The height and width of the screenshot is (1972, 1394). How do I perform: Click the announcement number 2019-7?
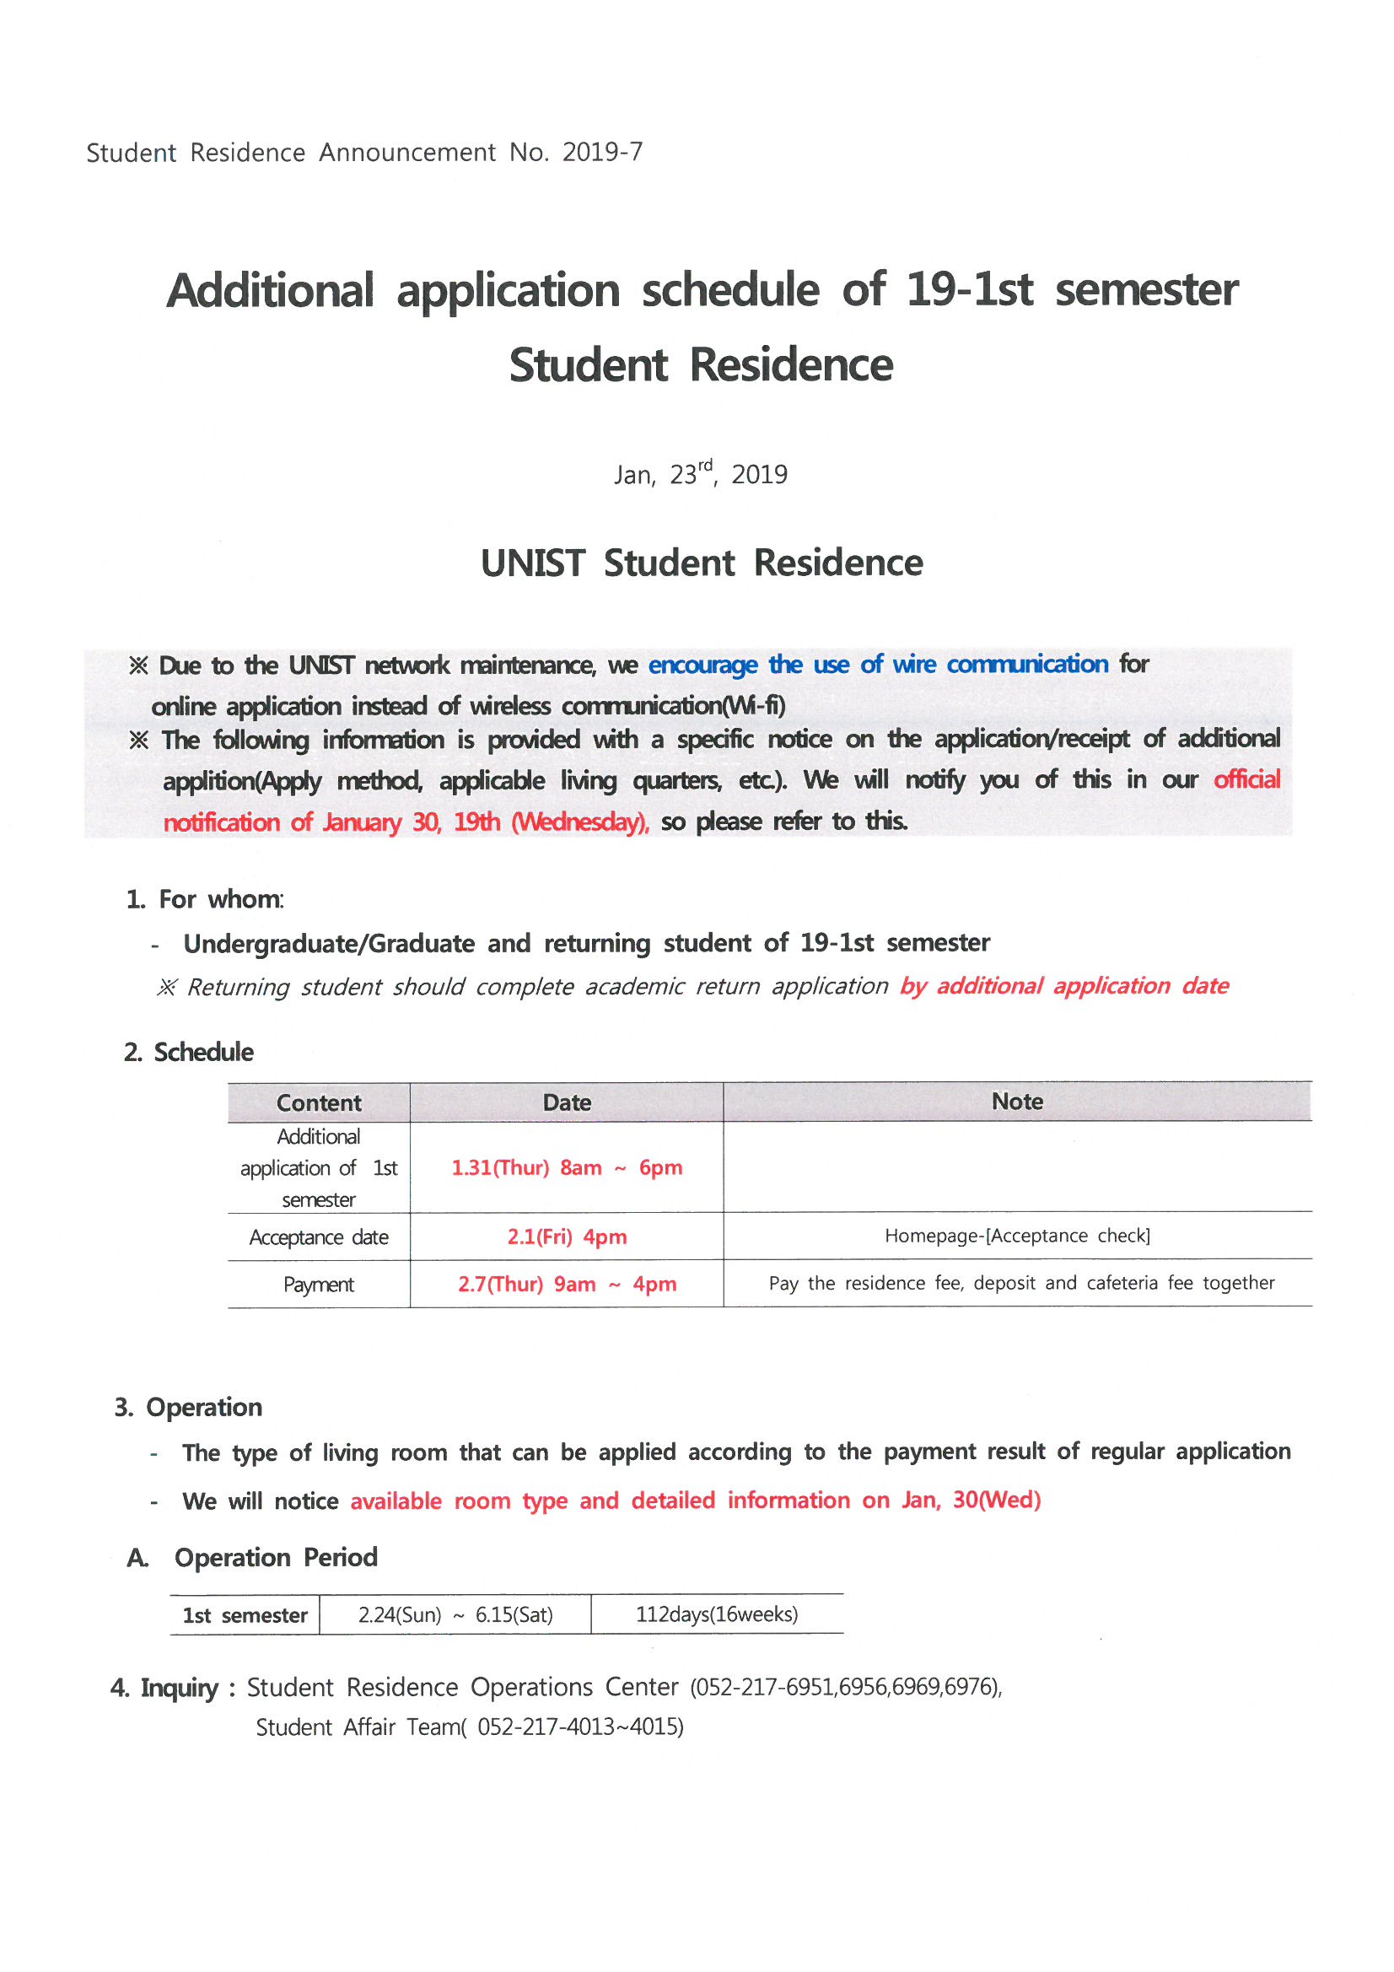pyautogui.click(x=602, y=152)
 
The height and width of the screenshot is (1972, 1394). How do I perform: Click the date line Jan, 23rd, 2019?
pyautogui.click(x=701, y=473)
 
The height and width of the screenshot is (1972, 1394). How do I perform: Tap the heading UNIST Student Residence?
pyautogui.click(x=702, y=563)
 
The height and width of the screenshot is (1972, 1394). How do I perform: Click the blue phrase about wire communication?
pyautogui.click(x=878, y=665)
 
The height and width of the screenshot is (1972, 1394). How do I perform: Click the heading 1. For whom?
pyautogui.click(x=204, y=899)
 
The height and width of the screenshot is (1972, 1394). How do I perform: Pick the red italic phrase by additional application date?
pyautogui.click(x=1064, y=986)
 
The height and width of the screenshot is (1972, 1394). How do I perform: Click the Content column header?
pyautogui.click(x=319, y=1102)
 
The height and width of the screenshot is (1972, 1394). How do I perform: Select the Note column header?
pyautogui.click(x=1017, y=1102)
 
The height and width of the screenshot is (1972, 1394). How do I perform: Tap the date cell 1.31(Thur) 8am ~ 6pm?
pyautogui.click(x=567, y=1168)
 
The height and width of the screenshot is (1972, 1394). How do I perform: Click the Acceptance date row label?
pyautogui.click(x=319, y=1237)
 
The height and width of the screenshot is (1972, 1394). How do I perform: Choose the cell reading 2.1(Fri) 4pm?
pyautogui.click(x=567, y=1237)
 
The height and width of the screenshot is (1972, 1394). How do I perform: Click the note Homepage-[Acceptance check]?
pyautogui.click(x=1017, y=1236)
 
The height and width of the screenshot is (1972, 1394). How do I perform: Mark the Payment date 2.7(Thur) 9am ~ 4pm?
pyautogui.click(x=567, y=1285)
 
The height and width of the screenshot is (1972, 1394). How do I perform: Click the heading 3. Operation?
pyautogui.click(x=189, y=1408)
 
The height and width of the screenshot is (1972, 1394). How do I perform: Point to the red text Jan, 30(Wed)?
pyautogui.click(x=971, y=1501)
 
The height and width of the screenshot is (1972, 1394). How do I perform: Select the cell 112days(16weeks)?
pyautogui.click(x=716, y=1614)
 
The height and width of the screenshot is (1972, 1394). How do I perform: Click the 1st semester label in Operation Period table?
pyautogui.click(x=245, y=1615)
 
